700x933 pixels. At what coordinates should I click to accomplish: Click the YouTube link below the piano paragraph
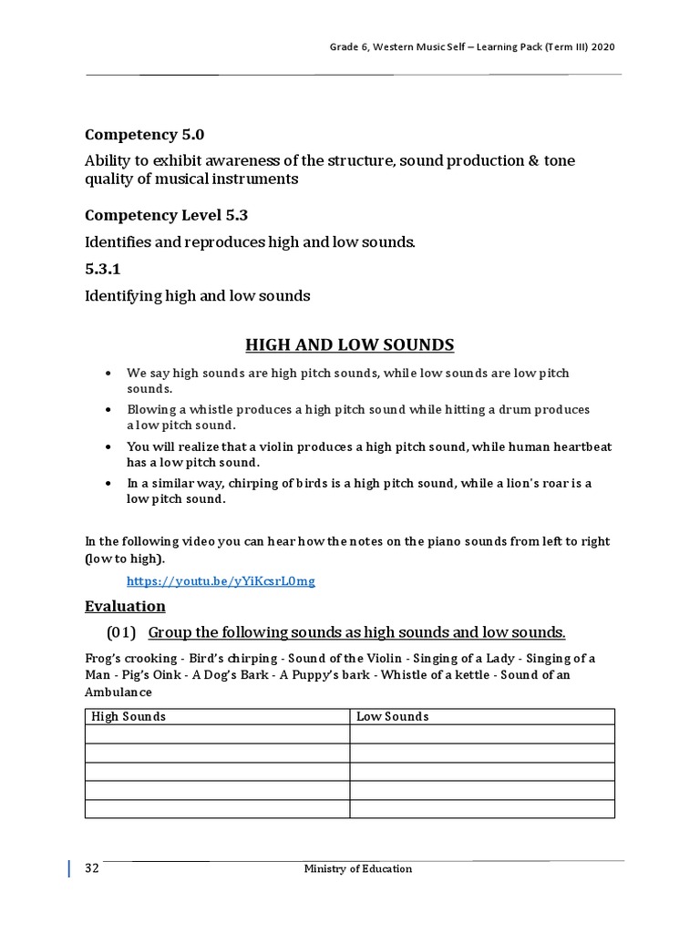221,580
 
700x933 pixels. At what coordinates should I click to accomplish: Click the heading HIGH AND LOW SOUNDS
349,344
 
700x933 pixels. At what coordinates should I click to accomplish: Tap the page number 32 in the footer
91,868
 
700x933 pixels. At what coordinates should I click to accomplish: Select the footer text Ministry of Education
357,868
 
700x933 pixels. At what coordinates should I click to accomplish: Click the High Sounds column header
129,716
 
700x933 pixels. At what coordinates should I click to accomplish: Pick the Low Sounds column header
392,716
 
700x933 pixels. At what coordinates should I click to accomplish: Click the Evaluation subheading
125,606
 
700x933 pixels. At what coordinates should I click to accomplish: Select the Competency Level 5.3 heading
166,215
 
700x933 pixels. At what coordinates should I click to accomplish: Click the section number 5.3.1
103,270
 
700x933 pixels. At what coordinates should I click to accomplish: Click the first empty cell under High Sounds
217,734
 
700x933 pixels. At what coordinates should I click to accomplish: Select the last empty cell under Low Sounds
481,809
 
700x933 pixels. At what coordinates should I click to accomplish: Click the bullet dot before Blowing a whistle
108,410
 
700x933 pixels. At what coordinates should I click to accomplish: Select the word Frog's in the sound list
102,658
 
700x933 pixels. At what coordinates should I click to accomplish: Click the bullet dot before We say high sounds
108,374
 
